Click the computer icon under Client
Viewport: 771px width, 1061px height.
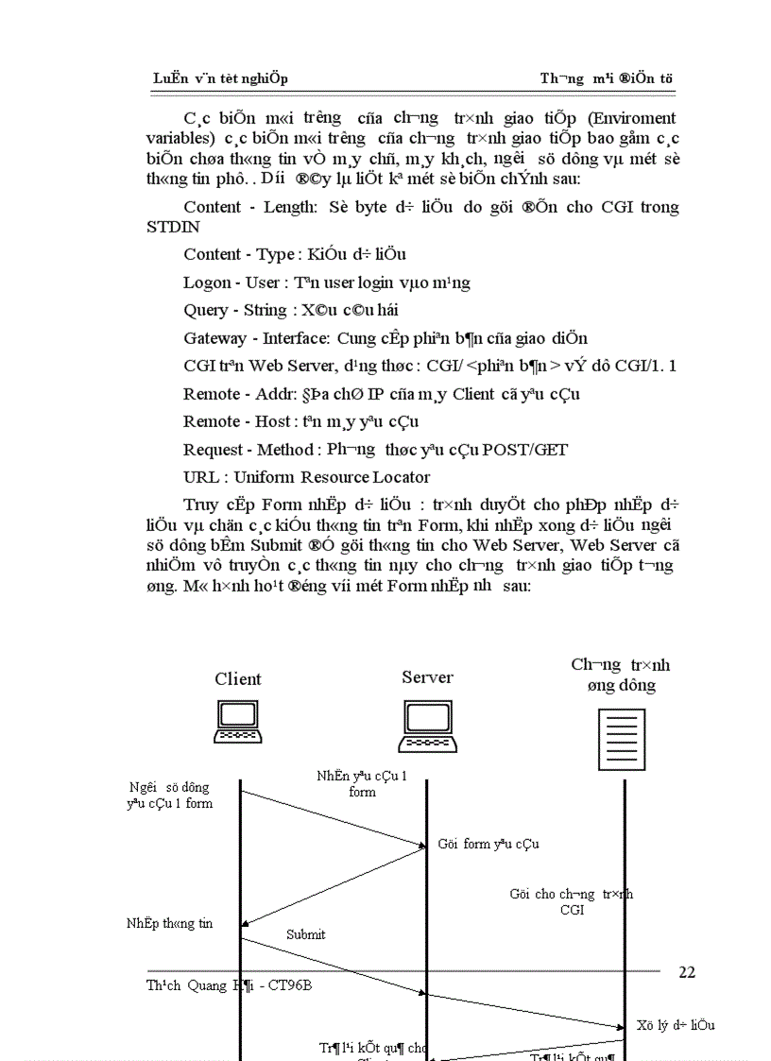click(x=238, y=722)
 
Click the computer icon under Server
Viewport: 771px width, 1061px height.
click(x=427, y=727)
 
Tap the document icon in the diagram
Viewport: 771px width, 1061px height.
click(x=621, y=740)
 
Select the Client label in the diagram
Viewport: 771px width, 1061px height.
click(x=238, y=679)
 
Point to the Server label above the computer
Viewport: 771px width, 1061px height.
click(x=427, y=677)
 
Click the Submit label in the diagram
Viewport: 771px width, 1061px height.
click(x=306, y=934)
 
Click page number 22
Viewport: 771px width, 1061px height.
click(x=687, y=972)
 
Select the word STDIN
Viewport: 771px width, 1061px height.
click(x=174, y=228)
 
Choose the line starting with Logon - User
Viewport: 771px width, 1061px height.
click(x=327, y=282)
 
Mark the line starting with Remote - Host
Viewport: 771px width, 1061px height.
click(x=300, y=421)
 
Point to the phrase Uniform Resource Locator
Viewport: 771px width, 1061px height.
click(x=332, y=477)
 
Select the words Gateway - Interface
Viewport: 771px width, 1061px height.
click(x=256, y=338)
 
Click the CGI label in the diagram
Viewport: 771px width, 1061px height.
click(x=572, y=910)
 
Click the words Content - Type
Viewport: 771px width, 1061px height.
click(x=239, y=255)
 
